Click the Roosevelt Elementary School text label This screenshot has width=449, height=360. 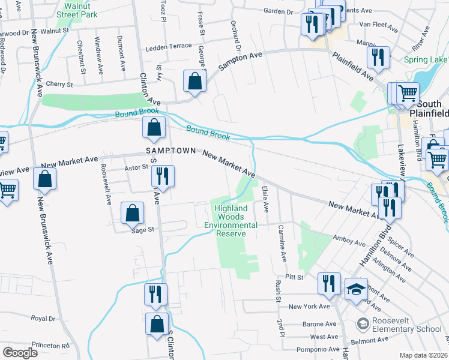pyautogui.click(x=407, y=325)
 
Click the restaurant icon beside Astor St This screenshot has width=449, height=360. pyautogui.click(x=161, y=176)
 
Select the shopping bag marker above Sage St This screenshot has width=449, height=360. pyautogui.click(x=132, y=213)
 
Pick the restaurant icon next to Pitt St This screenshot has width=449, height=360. pyautogui.click(x=328, y=283)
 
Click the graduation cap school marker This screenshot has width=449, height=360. pyautogui.click(x=356, y=290)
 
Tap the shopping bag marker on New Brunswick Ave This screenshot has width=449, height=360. pyautogui.click(x=45, y=179)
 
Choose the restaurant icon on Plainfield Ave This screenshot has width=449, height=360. pyautogui.click(x=378, y=58)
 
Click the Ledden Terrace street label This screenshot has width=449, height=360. pyautogui.click(x=167, y=46)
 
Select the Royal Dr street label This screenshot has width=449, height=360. pyautogui.click(x=43, y=319)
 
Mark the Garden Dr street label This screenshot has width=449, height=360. pyautogui.click(x=278, y=11)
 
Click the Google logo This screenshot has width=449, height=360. pyautogui.click(x=20, y=353)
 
